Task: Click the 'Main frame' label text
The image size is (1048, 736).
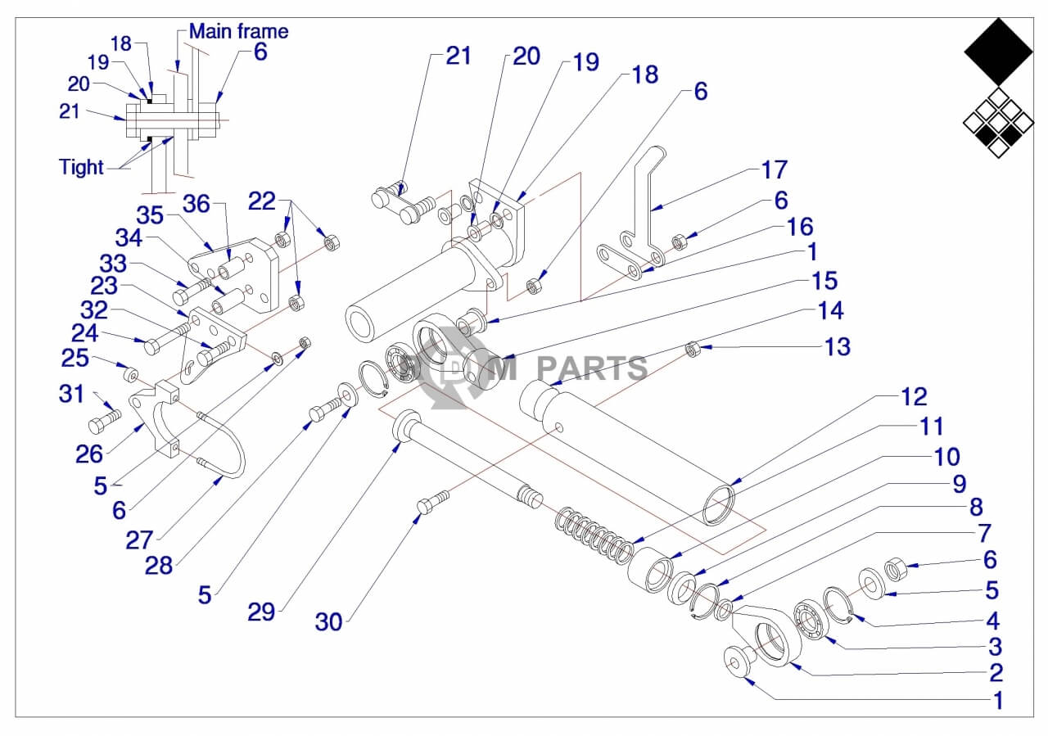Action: point(238,31)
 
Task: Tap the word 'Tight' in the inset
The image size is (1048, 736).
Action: point(81,167)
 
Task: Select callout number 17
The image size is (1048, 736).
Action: point(774,169)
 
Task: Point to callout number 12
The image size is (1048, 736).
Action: point(914,396)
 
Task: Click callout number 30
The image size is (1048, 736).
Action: point(328,621)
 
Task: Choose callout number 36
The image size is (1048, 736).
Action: point(196,202)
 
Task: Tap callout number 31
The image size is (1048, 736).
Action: point(71,394)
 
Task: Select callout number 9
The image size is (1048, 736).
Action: point(959,483)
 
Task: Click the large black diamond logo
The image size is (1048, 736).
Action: point(998,51)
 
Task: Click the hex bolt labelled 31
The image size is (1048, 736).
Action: point(104,423)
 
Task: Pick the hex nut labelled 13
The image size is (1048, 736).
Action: point(693,350)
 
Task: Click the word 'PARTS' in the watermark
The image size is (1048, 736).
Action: point(592,369)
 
